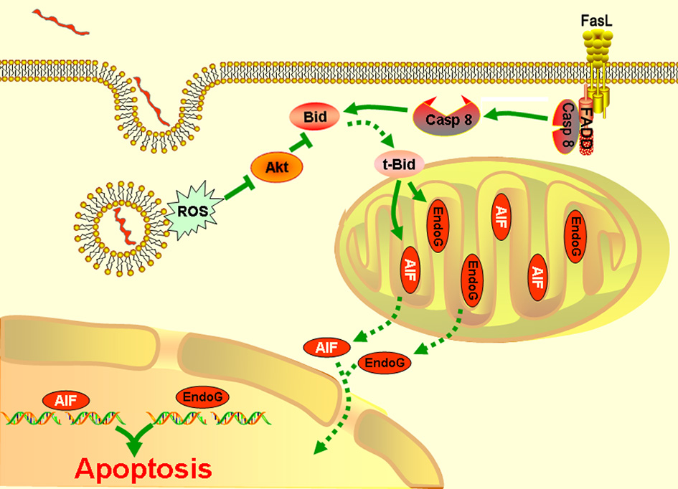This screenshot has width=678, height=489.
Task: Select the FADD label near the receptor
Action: coord(588,133)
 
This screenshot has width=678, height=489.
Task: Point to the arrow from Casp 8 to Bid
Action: coord(377,111)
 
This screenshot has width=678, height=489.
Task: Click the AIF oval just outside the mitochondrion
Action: coord(329,348)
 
